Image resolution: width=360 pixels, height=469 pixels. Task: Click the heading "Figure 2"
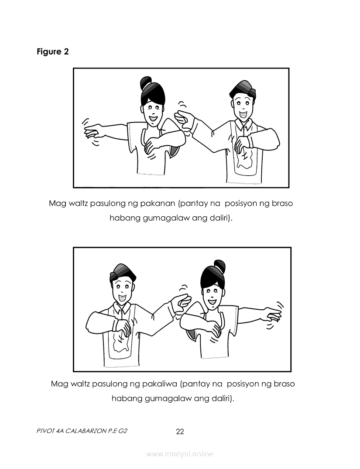point(53,52)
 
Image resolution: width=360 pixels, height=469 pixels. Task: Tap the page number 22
point(180,431)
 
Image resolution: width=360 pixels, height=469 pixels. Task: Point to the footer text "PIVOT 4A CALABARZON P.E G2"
point(82,431)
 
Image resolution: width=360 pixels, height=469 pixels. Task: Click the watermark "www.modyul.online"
point(179,454)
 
